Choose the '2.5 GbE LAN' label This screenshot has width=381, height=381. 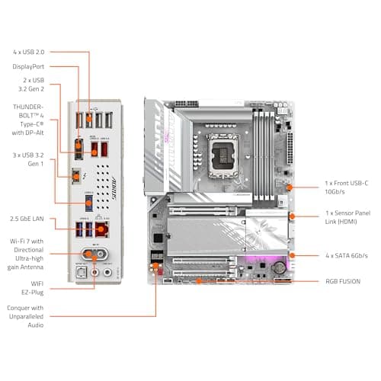pyautogui.click(x=28, y=197)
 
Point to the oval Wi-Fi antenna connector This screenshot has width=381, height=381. pyautogui.click(x=94, y=254)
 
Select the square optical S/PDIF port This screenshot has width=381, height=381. pyautogui.click(x=80, y=270)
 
